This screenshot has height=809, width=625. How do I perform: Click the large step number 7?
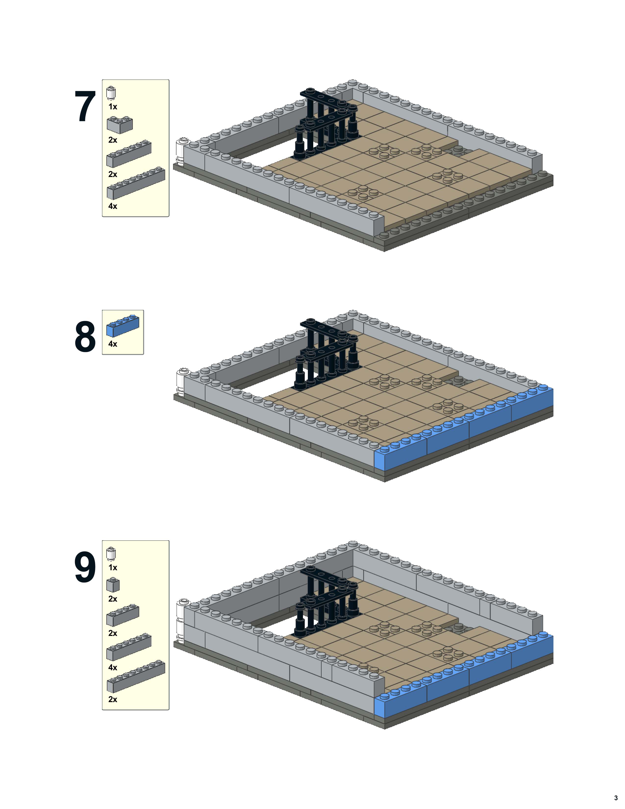(85, 107)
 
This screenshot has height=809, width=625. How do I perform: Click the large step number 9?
(85, 568)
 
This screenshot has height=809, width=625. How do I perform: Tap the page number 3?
(616, 798)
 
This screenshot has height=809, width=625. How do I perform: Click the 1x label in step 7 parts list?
(112, 107)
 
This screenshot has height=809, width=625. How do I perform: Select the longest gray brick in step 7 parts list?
(136, 184)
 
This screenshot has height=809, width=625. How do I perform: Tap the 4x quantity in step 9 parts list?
(112, 668)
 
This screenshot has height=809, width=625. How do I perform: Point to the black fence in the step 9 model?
(326, 600)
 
